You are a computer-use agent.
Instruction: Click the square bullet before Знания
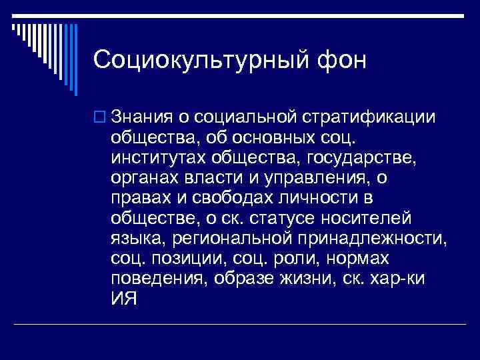tap(99, 118)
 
